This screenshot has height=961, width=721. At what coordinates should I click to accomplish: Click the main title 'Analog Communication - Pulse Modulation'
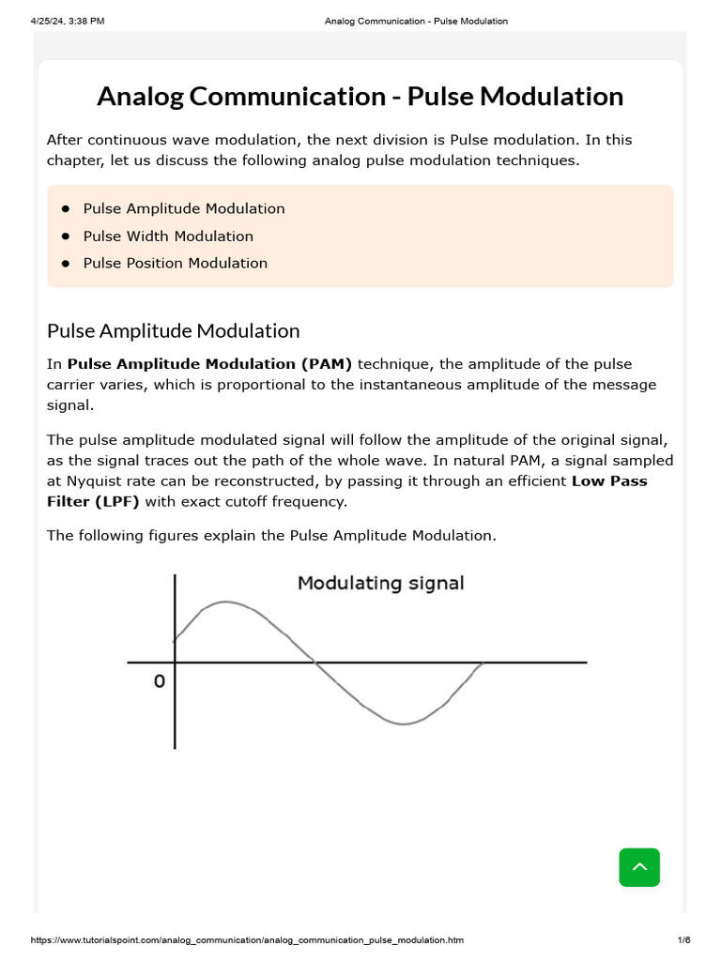point(360,97)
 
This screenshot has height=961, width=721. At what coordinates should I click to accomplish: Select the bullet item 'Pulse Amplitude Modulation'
point(184,208)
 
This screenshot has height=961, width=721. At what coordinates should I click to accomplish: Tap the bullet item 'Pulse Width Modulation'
point(168,236)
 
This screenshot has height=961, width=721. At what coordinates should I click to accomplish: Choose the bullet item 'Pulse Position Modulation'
point(176,263)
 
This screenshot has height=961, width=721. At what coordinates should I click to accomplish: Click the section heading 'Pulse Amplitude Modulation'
point(174,330)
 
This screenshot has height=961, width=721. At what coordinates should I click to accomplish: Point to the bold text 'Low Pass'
point(622,480)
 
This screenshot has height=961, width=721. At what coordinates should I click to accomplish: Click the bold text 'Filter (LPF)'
point(93,501)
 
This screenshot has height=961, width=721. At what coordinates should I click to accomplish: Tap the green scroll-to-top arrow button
point(639,867)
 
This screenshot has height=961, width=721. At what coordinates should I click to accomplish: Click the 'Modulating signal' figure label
point(380,583)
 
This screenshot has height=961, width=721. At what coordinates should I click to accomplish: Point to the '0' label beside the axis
point(159,681)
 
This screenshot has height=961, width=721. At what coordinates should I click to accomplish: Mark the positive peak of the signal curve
point(224,602)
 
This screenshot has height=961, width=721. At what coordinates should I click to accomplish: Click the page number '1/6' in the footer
point(683,940)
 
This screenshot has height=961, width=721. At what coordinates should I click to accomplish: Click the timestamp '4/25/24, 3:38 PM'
point(68,21)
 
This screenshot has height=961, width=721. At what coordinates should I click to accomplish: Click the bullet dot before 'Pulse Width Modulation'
point(66,236)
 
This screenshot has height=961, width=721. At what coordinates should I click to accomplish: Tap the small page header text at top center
point(416,21)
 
